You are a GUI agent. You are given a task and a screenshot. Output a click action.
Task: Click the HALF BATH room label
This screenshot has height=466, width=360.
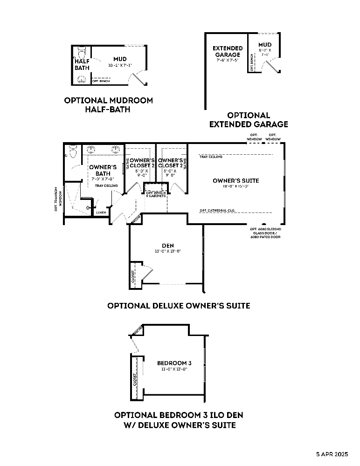coord(82,64)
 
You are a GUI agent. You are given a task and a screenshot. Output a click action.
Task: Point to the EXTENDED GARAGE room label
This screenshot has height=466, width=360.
coord(228,52)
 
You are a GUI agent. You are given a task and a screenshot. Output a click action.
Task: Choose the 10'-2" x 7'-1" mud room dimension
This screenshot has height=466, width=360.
coord(120,65)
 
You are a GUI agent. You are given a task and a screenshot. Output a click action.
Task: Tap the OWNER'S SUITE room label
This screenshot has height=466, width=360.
coord(235,181)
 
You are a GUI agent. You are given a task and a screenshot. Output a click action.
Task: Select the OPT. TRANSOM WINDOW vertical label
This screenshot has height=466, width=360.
coord(57,199)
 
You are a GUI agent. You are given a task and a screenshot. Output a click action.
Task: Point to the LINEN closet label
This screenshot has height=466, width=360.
coord(101,212)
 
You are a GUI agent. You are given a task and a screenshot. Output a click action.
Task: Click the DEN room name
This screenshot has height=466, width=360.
coord(167,246)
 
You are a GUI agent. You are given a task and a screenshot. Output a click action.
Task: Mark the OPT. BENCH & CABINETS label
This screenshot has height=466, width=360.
coord(156,194)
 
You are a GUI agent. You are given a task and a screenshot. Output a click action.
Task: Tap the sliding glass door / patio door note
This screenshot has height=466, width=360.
coord(265,233)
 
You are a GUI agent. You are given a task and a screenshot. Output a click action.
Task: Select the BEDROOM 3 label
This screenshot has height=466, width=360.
coord(174,363)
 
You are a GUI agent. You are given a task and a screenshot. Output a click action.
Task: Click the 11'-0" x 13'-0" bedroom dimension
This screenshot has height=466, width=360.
coord(174,369)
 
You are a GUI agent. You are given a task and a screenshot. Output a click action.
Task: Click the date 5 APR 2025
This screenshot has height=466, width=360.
coord(332,453)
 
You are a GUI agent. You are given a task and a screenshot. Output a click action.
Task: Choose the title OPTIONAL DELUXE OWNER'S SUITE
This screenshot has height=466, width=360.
coord(179,306)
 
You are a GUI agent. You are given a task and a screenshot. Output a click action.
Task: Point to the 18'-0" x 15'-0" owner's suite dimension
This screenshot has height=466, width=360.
coord(235,186)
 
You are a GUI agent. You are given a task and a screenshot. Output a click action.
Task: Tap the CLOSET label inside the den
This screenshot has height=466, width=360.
coord(133,275)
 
